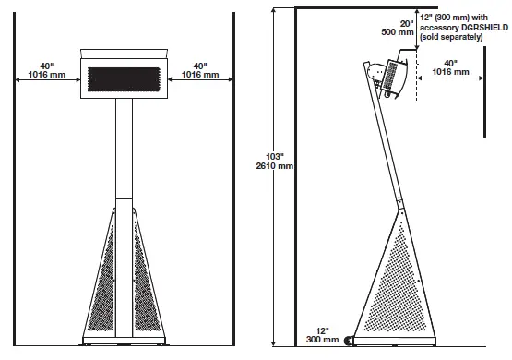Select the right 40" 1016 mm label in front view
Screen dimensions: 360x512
point(198,71)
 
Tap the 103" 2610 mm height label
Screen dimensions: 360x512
point(274,161)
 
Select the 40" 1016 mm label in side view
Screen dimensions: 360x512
point(449,68)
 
